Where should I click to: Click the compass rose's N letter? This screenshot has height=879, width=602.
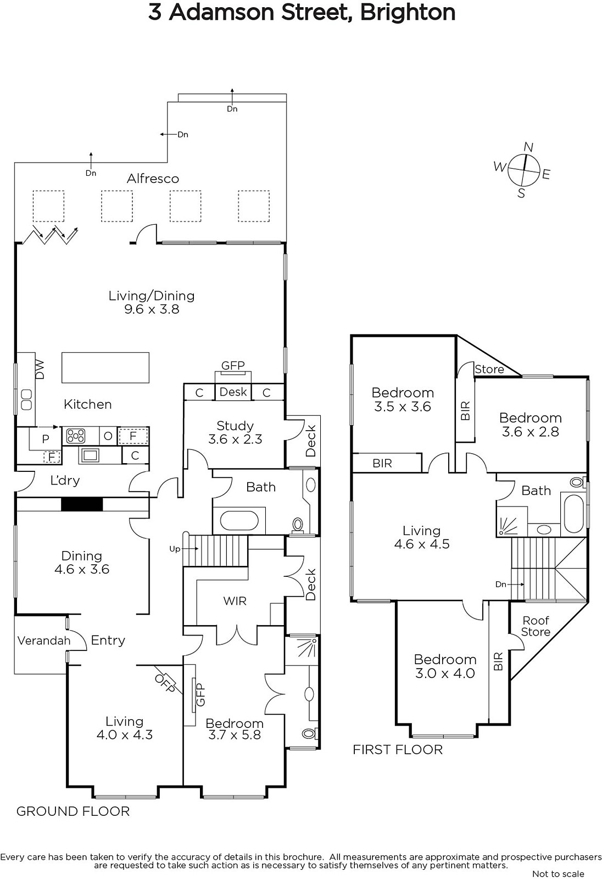pyautogui.click(x=528, y=147)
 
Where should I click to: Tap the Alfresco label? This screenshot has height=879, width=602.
pyautogui.click(x=153, y=179)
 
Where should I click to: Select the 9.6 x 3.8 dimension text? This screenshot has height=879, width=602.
pyautogui.click(x=152, y=309)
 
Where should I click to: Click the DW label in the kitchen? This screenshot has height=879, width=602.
pyautogui.click(x=40, y=370)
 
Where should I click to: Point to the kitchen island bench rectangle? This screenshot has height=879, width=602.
pyautogui.click(x=105, y=368)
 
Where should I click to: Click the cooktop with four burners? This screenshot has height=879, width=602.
pyautogui.click(x=76, y=436)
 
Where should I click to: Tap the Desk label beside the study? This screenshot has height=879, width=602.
pyautogui.click(x=233, y=392)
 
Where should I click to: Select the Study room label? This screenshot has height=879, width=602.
pyautogui.click(x=235, y=426)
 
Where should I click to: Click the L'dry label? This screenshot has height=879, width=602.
pyautogui.click(x=65, y=480)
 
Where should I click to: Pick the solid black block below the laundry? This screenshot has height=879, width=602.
pyautogui.click(x=82, y=504)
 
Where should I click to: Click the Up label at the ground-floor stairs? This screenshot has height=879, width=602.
pyautogui.click(x=175, y=549)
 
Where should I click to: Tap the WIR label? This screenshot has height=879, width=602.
pyautogui.click(x=235, y=601)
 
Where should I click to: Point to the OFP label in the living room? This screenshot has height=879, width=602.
pyautogui.click(x=165, y=683)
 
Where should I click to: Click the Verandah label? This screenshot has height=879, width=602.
pyautogui.click(x=44, y=641)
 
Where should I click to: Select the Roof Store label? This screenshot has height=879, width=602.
pyautogui.click(x=536, y=626)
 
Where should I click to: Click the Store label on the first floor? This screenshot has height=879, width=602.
pyautogui.click(x=489, y=369)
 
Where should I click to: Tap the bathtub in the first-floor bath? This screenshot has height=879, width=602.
pyautogui.click(x=575, y=514)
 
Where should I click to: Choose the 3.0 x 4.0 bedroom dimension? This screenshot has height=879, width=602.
pyautogui.click(x=445, y=674)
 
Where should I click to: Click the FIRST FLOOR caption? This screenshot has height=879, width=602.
pyautogui.click(x=398, y=750)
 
